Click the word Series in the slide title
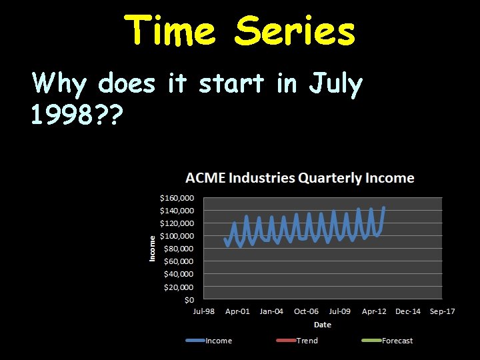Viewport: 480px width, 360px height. [x=295, y=31]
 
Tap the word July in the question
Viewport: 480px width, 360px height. [x=335, y=85]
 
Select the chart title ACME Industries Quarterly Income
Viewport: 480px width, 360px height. [x=299, y=178]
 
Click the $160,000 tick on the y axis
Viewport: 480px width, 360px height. [x=176, y=198]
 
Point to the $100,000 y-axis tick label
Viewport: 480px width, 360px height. [x=176, y=236]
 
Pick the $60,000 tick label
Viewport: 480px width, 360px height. [x=178, y=261]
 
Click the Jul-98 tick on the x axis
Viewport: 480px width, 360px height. [x=203, y=311]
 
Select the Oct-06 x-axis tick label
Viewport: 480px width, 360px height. [x=306, y=311]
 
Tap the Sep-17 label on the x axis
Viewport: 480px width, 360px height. [x=442, y=311]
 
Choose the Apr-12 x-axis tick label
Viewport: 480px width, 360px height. [x=374, y=311]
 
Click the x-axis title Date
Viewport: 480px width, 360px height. [x=323, y=325]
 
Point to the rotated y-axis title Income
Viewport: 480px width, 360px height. [x=152, y=248]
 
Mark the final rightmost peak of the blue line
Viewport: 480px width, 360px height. [x=384, y=207]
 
